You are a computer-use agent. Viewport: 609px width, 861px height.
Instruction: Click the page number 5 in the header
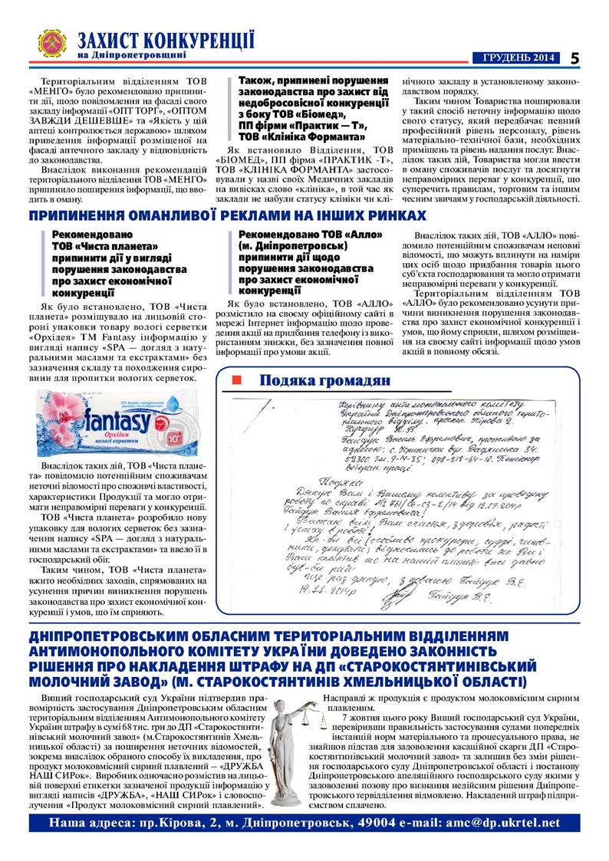[x=574, y=58]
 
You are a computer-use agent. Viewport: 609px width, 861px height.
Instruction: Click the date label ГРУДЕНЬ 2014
[x=518, y=58]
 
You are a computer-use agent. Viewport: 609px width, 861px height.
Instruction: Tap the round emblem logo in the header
[x=53, y=44]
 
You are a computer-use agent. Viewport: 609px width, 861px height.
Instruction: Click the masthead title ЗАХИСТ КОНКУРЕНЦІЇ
[x=166, y=40]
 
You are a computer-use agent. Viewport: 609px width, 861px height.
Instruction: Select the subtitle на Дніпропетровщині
[x=131, y=56]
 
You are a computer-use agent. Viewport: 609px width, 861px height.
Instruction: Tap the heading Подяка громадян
[x=324, y=380]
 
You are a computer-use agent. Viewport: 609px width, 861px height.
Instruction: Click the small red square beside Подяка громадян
[x=237, y=380]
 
